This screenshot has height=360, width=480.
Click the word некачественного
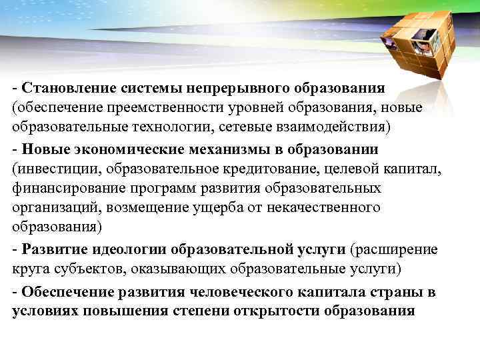coord(323,207)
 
